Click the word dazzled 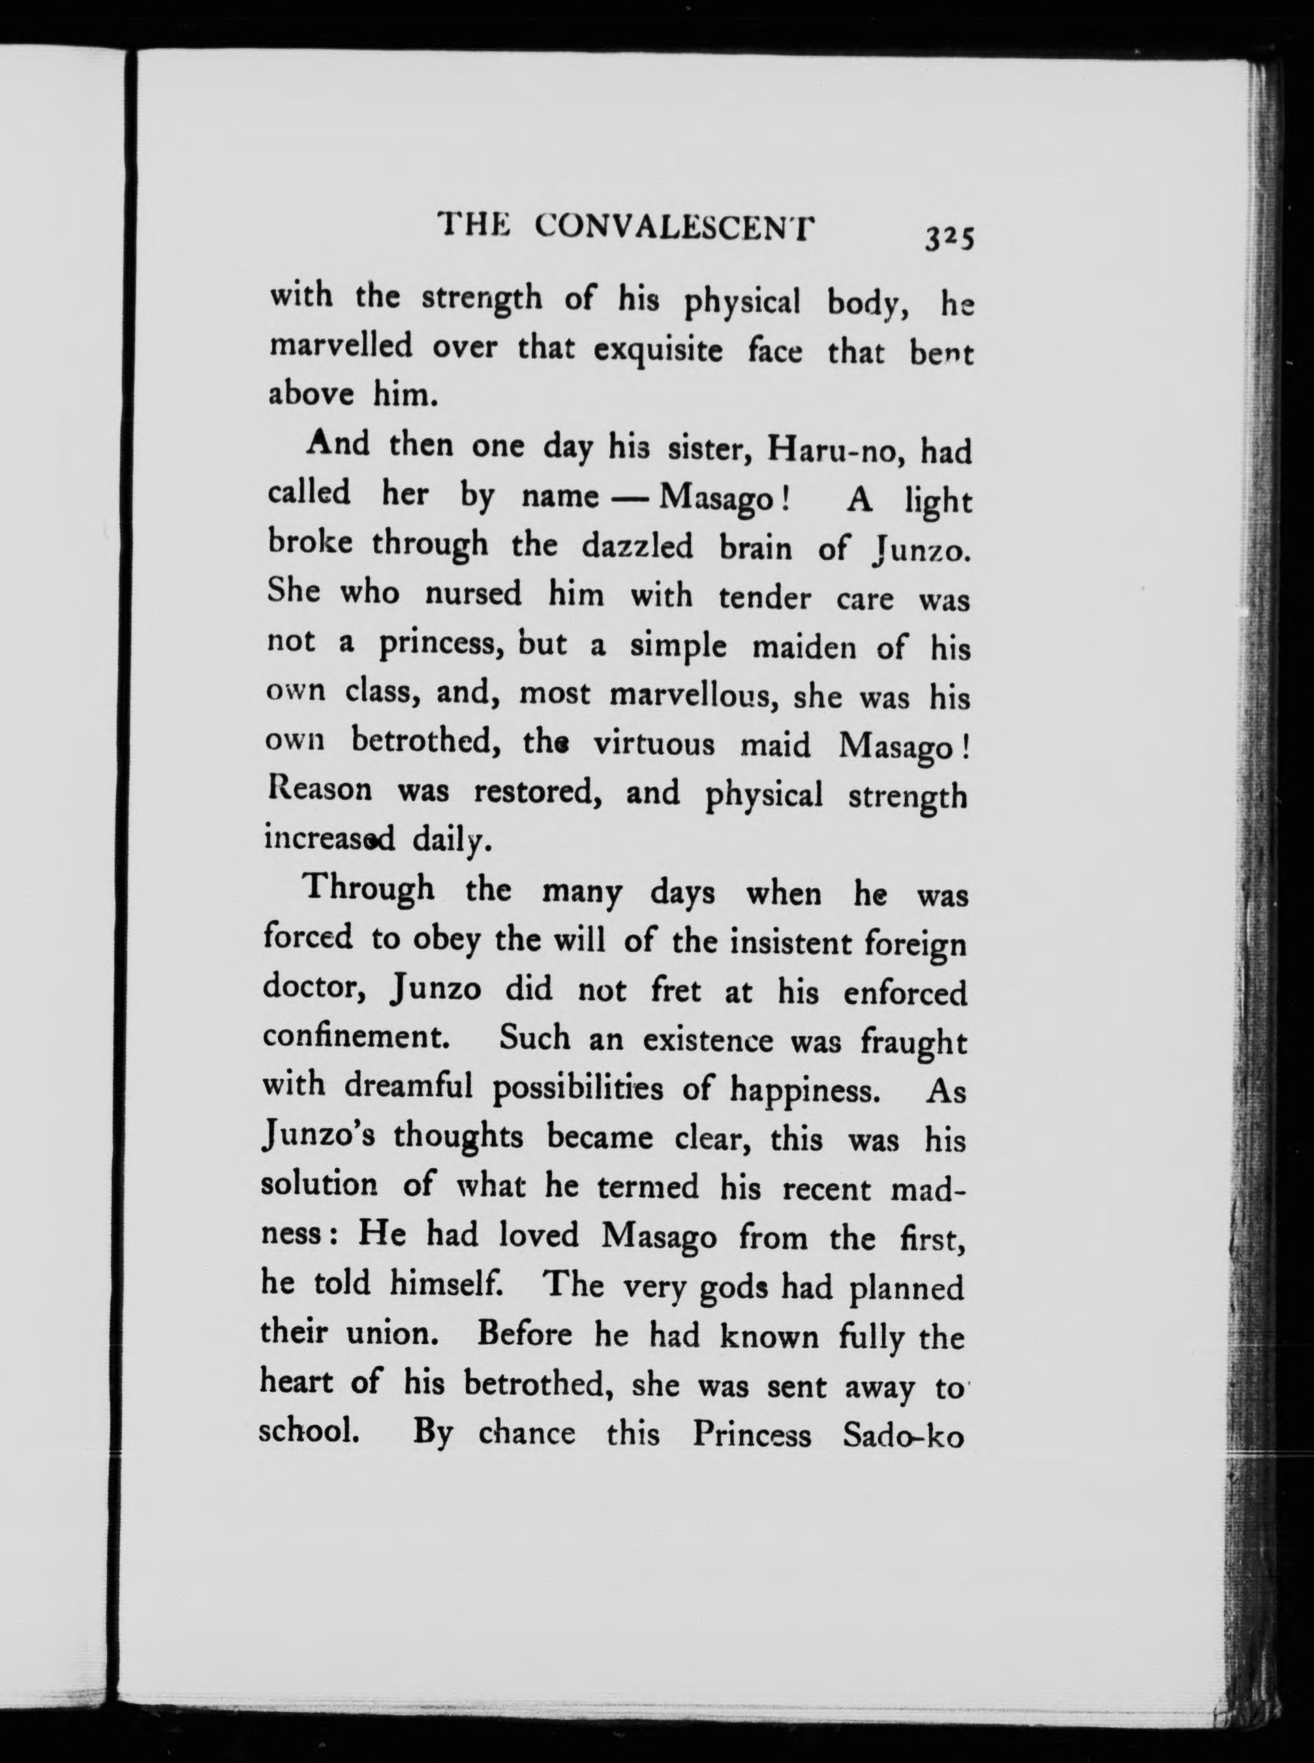coord(638,547)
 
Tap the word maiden coord(803,648)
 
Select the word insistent coord(795,943)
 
